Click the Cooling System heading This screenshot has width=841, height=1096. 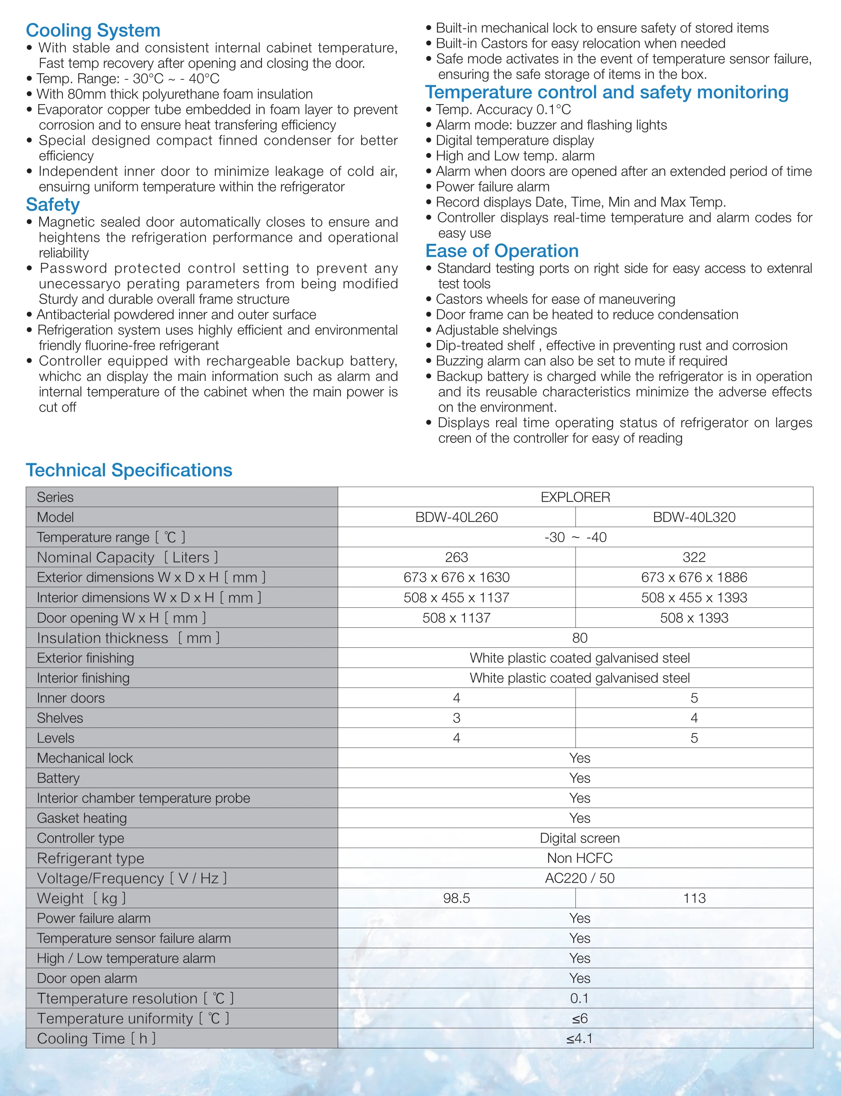(93, 30)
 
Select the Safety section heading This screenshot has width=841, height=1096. (53, 205)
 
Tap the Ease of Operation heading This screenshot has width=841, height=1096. (502, 250)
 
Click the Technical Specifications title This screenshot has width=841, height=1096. (129, 470)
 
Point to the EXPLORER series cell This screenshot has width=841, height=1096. (575, 497)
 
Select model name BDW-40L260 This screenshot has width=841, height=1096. (456, 517)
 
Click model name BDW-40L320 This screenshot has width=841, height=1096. (694, 517)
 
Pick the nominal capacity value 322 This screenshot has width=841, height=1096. (694, 557)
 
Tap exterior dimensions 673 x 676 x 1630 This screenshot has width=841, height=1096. (456, 577)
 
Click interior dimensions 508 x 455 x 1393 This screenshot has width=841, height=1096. (694, 598)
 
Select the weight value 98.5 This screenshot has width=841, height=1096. (456, 899)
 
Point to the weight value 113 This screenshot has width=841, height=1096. (694, 899)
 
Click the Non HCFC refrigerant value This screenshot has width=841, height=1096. (580, 858)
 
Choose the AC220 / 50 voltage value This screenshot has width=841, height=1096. (580, 879)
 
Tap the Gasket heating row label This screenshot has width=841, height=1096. (82, 818)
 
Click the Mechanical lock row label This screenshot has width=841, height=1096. (85, 758)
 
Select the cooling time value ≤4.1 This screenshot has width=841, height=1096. (580, 1039)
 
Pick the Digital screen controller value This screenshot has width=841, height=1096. (580, 838)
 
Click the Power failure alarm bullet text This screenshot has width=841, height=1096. (492, 187)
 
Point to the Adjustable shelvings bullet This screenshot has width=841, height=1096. (496, 330)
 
